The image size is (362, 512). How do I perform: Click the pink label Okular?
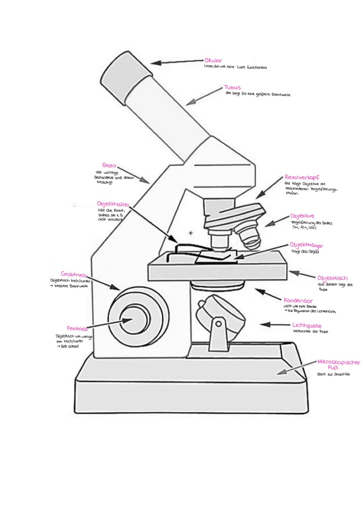point(213,61)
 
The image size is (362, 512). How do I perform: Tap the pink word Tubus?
point(233,88)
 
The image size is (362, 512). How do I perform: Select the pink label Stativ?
point(110,165)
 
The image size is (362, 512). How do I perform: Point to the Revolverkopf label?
point(302,177)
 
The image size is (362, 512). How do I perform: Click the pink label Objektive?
point(302,216)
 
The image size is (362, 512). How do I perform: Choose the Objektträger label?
point(306,245)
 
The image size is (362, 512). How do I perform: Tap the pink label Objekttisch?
point(333,278)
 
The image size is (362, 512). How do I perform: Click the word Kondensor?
point(298,300)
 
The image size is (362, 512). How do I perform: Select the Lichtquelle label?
point(307,326)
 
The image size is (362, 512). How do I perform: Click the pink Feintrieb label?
point(77,328)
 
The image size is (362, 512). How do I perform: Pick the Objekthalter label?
point(113,204)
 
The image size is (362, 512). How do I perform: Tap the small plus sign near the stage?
point(191,232)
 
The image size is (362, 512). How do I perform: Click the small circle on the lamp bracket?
point(218,324)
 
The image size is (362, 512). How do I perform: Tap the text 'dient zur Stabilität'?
point(333,374)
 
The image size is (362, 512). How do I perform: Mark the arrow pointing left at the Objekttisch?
point(302,274)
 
